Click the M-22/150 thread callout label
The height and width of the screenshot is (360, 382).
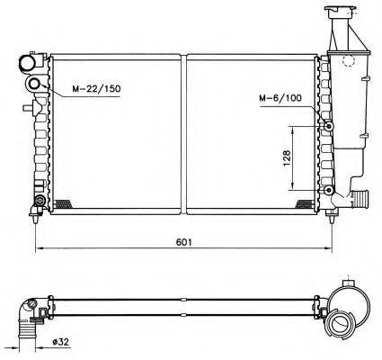pos(96,89)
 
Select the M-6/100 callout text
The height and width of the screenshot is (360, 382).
pos(280,98)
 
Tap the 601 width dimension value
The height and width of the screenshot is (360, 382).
pos(183,242)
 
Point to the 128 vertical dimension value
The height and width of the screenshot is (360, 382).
pos(287,158)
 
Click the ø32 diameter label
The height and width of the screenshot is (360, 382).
pos(60,342)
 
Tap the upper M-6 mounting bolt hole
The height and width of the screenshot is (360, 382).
pos(329,126)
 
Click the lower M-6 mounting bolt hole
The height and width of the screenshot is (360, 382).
pos(329,190)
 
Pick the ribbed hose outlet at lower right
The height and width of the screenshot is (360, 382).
pos(360,198)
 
